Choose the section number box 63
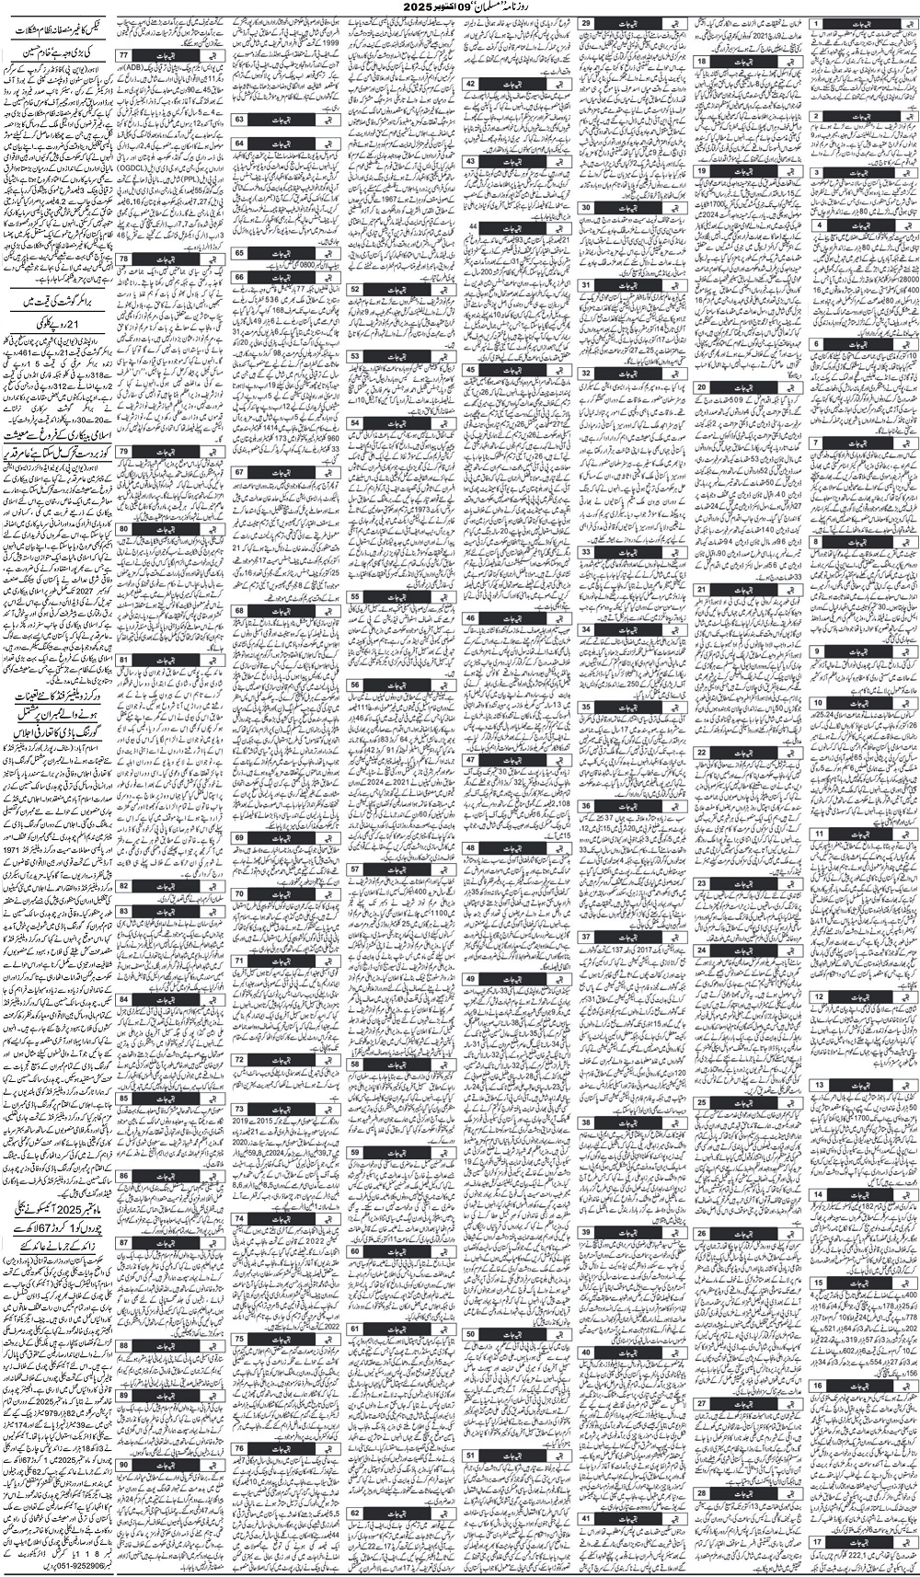(x=238, y=120)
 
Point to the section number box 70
(x=238, y=892)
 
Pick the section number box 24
(x=701, y=949)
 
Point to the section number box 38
(x=585, y=1122)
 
